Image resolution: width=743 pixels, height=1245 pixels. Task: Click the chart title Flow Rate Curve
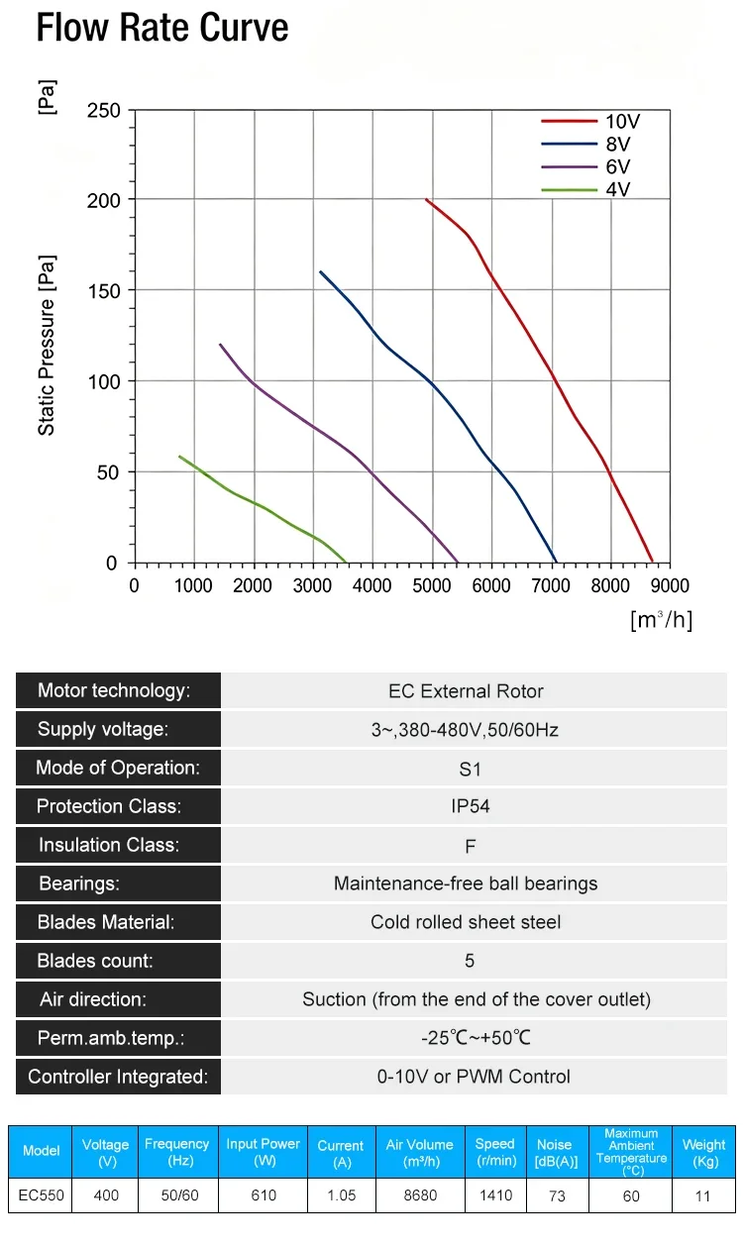pos(162,27)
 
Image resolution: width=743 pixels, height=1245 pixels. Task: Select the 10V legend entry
pos(590,121)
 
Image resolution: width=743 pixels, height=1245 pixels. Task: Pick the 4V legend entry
pos(585,189)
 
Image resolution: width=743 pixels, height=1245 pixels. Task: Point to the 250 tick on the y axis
pos(103,111)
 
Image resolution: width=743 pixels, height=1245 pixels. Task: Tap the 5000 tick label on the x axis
pos(431,585)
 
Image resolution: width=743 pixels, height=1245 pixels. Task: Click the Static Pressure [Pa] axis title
pos(47,345)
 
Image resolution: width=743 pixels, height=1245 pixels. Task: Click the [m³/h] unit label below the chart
pos(662,619)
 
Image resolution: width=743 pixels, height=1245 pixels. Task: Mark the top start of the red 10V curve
pos(427,199)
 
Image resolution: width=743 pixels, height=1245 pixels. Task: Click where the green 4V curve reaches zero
pos(346,562)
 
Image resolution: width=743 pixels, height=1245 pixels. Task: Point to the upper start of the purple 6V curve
pos(221,345)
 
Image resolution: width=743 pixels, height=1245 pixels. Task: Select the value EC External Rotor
pos(466,691)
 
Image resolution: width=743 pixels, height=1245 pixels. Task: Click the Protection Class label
pos(109,806)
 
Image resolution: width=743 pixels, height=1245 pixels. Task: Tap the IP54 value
pos(471,806)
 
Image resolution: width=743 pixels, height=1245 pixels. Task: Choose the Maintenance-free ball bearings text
pos(466,883)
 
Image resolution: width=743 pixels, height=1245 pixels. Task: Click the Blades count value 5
pos(470,961)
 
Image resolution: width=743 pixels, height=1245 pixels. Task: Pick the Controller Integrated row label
pos(118,1077)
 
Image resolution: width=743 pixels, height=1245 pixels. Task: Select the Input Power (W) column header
pos(263,1152)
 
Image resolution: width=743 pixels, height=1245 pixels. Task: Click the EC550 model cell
pos(42,1195)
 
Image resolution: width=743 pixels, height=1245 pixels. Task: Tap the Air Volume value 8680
pos(420,1195)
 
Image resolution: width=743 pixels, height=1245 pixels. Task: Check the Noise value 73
pos(557,1196)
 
